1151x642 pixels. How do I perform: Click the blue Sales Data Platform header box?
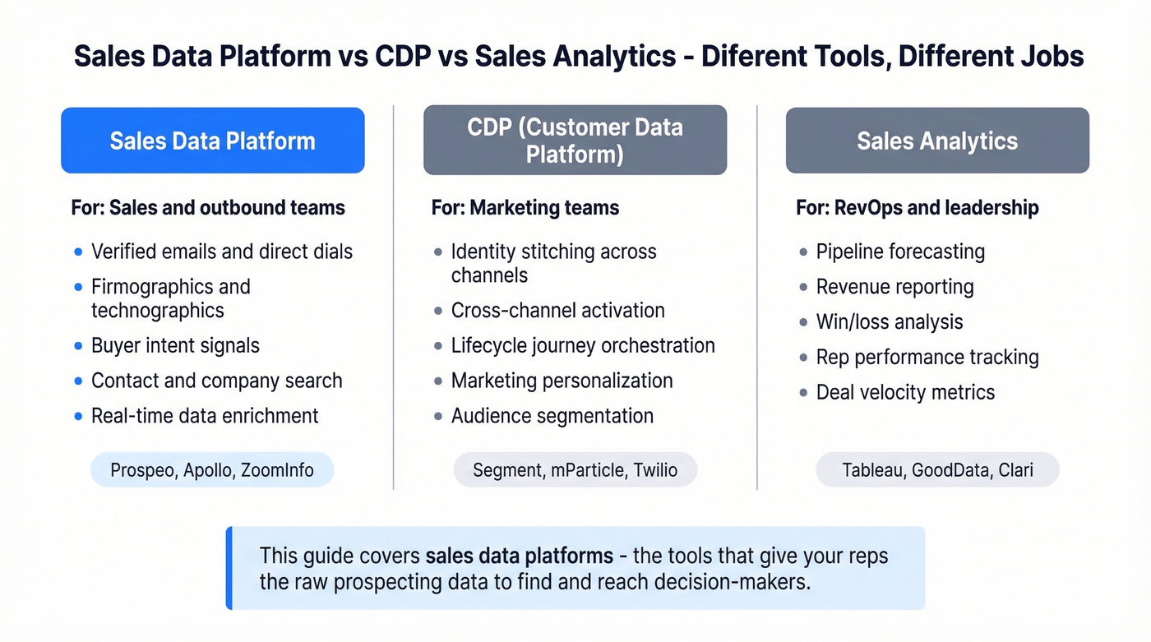click(x=212, y=141)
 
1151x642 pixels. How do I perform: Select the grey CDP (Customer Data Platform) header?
click(x=575, y=141)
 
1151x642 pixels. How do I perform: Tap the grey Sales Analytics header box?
click(x=937, y=141)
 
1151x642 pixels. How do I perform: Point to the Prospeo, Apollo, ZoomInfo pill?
click(x=212, y=470)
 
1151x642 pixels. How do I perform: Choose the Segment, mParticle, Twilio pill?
click(x=575, y=470)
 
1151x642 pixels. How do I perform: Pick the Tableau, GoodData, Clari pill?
click(x=937, y=470)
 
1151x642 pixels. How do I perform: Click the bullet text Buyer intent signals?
click(x=175, y=345)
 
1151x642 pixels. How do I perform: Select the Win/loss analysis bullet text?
click(x=889, y=321)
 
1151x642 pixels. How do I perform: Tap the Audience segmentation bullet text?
click(x=552, y=416)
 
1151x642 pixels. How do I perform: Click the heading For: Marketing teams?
click(x=525, y=208)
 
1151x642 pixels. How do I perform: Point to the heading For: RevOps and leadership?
click(x=917, y=208)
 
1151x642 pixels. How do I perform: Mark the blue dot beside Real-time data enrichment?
click(x=78, y=417)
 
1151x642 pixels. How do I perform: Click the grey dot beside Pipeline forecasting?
click(x=803, y=252)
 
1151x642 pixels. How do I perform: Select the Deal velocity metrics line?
click(x=905, y=392)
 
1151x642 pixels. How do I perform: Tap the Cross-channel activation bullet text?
click(x=557, y=311)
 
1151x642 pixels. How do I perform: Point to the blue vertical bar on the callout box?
click(x=229, y=568)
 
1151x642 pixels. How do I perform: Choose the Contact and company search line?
click(x=216, y=381)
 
